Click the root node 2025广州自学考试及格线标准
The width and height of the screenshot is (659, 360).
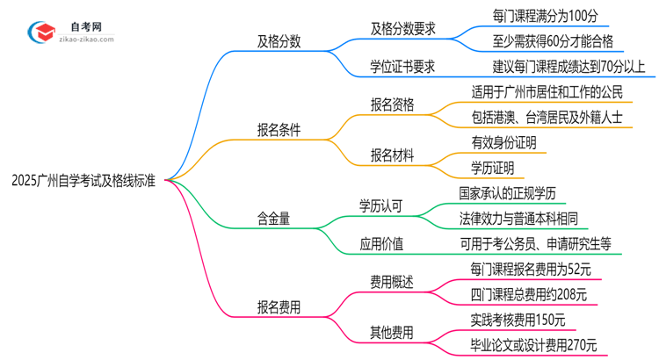[x=84, y=182]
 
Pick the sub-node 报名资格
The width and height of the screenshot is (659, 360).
[x=392, y=104]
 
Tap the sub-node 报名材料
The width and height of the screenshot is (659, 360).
[x=392, y=155]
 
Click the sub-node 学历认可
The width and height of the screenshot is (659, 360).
[x=380, y=207]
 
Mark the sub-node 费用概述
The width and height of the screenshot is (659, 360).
[x=392, y=281]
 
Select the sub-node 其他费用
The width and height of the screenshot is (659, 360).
[x=392, y=332]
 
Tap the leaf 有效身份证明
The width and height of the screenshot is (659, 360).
[x=503, y=143]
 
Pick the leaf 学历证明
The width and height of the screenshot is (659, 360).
[x=493, y=169]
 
